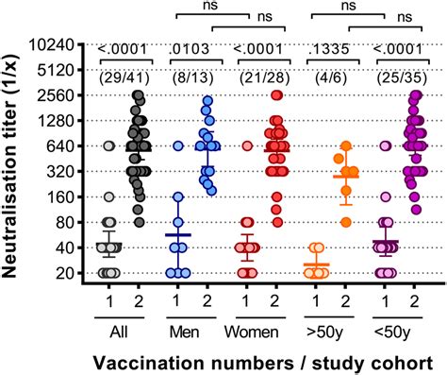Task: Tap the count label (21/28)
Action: point(261,73)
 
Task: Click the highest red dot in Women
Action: point(277,94)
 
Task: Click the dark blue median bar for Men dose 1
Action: point(177,234)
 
